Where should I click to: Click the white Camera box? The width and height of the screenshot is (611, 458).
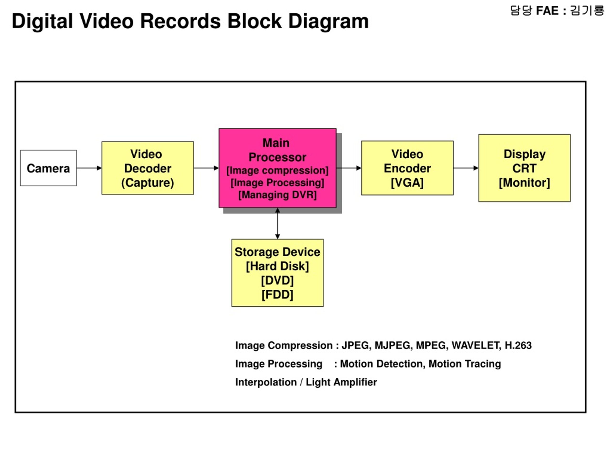pyautogui.click(x=48, y=168)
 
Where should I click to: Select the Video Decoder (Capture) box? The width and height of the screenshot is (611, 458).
pyautogui.click(x=148, y=168)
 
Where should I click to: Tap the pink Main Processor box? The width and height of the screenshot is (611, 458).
pyautogui.click(x=278, y=168)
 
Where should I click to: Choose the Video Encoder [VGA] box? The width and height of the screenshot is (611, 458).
pyautogui.click(x=407, y=168)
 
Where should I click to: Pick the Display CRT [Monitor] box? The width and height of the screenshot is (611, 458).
pyautogui.click(x=525, y=168)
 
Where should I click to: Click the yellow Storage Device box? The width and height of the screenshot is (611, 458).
pyautogui.click(x=278, y=273)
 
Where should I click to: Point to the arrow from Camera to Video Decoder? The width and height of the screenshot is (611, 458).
pyautogui.click(x=89, y=168)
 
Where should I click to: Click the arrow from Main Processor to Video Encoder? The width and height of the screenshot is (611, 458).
pyautogui.click(x=349, y=168)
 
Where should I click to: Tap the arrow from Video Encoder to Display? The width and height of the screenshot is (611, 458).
pyautogui.click(x=466, y=168)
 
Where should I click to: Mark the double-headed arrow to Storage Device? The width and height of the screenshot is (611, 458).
pyautogui.click(x=278, y=223)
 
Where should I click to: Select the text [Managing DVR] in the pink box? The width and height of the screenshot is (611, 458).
pyautogui.click(x=278, y=195)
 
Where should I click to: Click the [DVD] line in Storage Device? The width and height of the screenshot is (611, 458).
pyautogui.click(x=278, y=281)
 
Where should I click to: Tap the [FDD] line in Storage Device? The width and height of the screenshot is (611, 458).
pyautogui.click(x=278, y=295)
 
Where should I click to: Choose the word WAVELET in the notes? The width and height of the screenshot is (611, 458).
pyautogui.click(x=476, y=345)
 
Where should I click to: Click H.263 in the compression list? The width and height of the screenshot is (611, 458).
pyautogui.click(x=518, y=345)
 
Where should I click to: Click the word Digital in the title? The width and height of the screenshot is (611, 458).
pyautogui.click(x=42, y=21)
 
